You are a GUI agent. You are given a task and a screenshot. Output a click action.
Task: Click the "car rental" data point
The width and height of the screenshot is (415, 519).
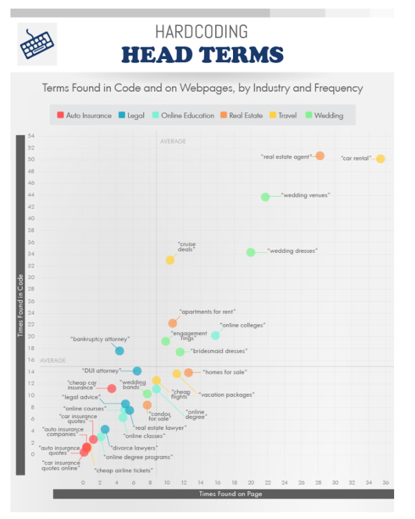tap(381, 159)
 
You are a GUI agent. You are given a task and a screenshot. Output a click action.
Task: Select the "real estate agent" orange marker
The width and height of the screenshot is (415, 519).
tap(320, 156)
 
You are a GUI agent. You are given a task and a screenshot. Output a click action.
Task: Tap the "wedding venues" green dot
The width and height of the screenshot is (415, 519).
tap(265, 197)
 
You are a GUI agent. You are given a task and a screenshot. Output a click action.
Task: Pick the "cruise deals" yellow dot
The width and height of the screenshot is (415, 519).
tap(170, 260)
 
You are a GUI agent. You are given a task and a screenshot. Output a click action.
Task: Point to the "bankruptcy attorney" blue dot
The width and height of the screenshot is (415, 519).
tap(119, 351)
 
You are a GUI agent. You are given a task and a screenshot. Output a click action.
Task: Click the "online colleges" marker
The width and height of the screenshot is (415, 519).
tap(215, 335)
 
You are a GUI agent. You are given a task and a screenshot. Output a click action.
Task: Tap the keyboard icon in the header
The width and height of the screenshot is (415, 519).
tap(37, 43)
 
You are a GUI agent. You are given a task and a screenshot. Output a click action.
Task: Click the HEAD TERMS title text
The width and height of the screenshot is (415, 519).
tap(202, 54)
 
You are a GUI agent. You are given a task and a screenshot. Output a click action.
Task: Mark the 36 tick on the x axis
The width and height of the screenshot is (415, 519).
tap(385, 483)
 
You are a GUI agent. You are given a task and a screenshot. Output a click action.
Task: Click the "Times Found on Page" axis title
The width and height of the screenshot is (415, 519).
tap(223, 494)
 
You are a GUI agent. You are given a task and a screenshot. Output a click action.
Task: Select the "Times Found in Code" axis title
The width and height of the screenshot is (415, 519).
tap(20, 306)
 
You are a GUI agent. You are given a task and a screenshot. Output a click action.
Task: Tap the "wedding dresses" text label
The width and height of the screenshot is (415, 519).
tap(293, 251)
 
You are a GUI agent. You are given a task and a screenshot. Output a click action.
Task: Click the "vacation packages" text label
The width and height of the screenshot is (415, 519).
tap(226, 395)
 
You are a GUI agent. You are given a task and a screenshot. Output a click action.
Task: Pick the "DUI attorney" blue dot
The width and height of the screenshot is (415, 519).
tap(137, 371)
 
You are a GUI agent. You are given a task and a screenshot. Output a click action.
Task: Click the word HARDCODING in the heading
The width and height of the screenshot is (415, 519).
tap(201, 31)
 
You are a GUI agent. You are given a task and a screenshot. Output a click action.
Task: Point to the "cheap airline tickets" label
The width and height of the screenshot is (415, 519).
tap(123, 470)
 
